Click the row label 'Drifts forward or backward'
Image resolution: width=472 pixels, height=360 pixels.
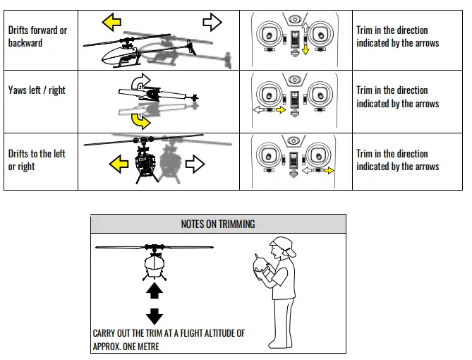coord(37,37)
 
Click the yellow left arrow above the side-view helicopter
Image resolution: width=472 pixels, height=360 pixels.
coord(111,22)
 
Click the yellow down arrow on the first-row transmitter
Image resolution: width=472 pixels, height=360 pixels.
coord(305,49)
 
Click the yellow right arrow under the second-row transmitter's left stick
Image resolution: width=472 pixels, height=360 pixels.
coord(280,110)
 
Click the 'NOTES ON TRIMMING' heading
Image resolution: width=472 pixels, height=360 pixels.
coord(218,224)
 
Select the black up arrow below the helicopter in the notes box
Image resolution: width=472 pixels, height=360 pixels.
coord(155,290)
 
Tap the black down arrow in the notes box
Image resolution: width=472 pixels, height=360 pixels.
coord(155,316)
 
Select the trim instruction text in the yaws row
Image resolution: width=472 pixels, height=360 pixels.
coord(397,97)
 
